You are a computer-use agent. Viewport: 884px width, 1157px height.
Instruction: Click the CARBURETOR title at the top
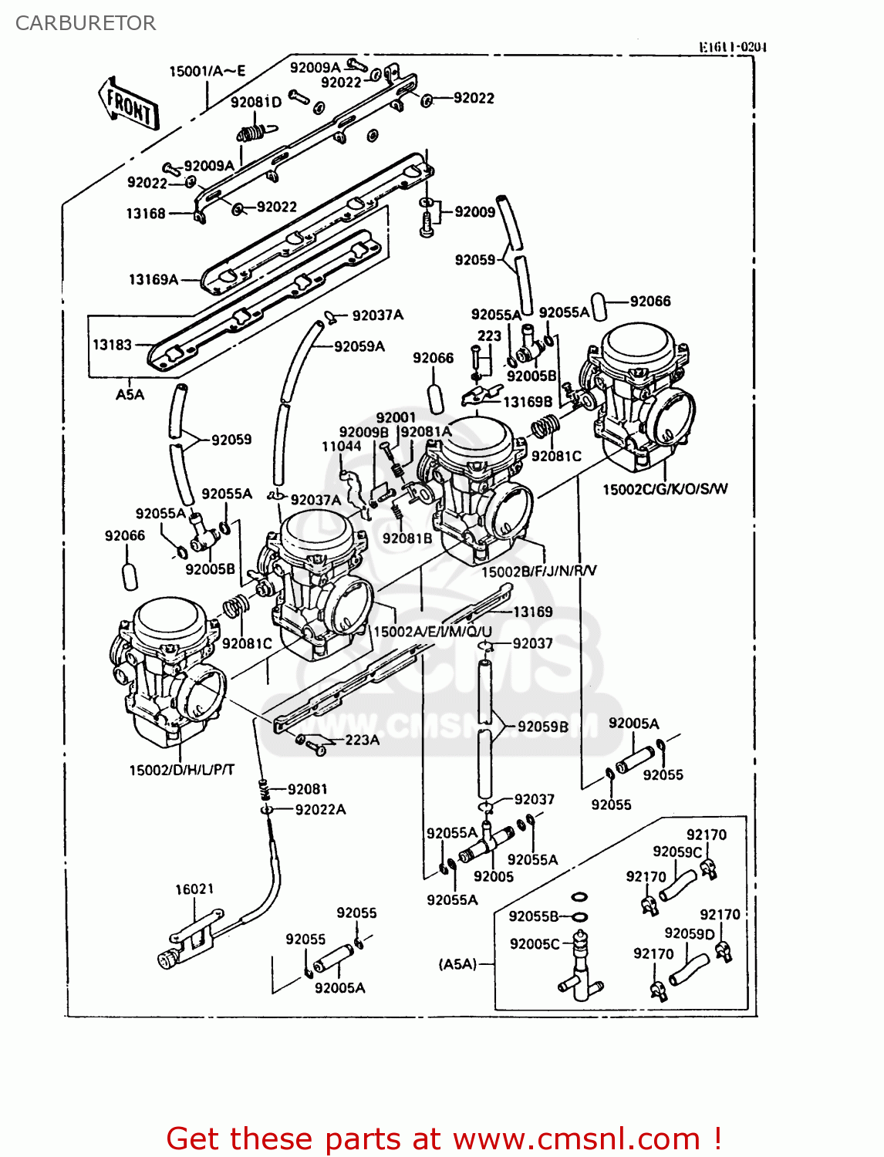coord(86,23)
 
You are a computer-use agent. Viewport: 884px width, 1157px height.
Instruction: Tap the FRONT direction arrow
coord(129,103)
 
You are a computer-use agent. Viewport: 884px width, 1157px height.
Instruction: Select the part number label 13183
coord(112,345)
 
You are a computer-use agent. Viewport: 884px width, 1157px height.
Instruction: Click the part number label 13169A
coord(153,279)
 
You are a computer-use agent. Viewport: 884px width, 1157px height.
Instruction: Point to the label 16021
coord(194,889)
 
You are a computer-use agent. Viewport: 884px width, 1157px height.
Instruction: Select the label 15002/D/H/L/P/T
coord(182,770)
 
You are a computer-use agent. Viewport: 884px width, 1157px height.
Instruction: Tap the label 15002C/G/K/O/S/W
coord(664,489)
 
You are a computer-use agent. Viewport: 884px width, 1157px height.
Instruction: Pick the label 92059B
coord(542,727)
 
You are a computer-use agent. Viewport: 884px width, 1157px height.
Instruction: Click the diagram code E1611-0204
coord(732,47)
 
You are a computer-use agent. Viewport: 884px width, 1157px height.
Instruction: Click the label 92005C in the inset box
coord(535,944)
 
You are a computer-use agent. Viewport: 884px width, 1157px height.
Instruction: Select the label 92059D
coord(689,934)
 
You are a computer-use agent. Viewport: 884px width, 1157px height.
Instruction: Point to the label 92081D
coord(256,103)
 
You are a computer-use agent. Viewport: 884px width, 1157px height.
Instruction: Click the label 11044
coord(341,446)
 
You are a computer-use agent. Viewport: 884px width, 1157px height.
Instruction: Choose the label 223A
coord(362,740)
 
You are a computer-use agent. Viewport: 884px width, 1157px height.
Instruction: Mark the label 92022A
coord(320,809)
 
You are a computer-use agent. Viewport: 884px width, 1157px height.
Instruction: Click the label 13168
coord(146,214)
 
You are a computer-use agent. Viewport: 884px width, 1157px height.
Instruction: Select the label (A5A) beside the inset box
coord(458,964)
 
